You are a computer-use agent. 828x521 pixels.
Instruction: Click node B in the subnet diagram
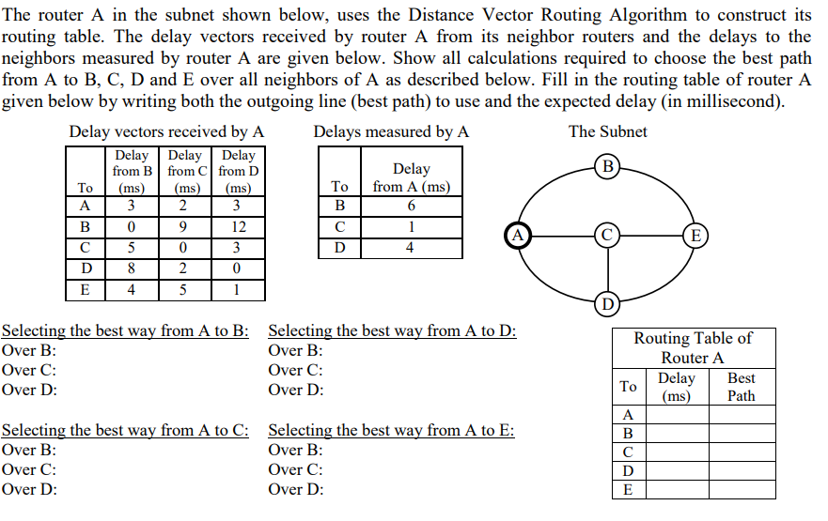point(608,168)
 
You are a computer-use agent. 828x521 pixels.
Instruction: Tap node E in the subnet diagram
point(695,234)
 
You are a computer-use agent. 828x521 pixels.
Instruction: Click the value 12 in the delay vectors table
point(239,227)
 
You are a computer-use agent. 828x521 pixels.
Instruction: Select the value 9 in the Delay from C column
point(185,227)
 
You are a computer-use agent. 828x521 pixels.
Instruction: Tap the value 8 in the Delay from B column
point(133,268)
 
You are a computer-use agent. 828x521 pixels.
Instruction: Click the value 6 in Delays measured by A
point(411,207)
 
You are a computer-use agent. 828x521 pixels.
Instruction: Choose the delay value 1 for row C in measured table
point(411,227)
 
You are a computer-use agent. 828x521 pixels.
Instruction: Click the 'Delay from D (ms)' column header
point(239,171)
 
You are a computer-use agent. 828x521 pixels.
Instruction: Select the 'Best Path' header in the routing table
point(742,387)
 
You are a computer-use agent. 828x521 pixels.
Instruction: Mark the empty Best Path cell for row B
point(742,434)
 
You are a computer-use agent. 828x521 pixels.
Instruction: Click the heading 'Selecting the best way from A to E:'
point(391,431)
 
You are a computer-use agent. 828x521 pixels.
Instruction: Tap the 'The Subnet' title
point(607,131)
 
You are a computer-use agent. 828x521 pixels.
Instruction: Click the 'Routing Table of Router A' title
point(693,347)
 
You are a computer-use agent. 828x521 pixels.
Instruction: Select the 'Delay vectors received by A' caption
point(166,131)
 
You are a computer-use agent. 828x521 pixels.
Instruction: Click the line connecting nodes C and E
point(651,234)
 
